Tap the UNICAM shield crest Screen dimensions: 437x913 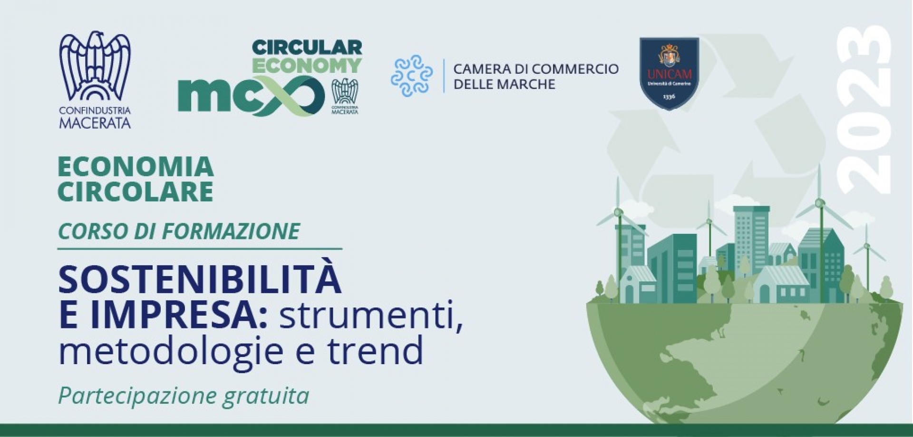coord(669,73)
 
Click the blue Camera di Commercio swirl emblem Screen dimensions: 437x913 coord(411,76)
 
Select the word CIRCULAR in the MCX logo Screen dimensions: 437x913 coord(307,47)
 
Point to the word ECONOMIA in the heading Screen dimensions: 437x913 coord(136,167)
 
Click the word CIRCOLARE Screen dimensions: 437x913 coord(136,192)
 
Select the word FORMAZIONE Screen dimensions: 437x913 coord(231,231)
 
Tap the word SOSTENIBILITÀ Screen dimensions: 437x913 coord(200,280)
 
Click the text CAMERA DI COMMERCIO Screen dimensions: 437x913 coord(536,69)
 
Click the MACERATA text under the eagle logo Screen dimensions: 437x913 coord(95,123)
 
